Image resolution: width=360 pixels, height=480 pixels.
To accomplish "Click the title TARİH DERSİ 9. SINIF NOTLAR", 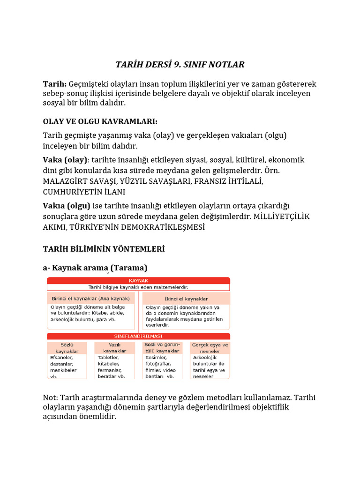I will click(x=180, y=64).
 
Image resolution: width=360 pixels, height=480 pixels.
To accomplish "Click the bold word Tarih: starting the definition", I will click(x=55, y=84).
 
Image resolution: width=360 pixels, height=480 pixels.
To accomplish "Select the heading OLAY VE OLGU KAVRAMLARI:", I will click(x=100, y=121).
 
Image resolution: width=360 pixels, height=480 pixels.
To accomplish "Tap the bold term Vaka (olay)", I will click(x=65, y=160).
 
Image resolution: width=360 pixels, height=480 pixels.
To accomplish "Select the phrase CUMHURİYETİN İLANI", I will click(x=84, y=192).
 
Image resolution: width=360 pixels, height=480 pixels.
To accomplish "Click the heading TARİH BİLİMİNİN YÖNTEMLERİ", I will click(x=104, y=249).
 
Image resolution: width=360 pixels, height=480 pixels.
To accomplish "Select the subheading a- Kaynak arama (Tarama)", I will click(x=95, y=268).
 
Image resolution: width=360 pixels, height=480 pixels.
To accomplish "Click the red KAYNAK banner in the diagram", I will click(x=138, y=280).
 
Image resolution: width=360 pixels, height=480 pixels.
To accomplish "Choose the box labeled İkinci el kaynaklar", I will click(x=187, y=299).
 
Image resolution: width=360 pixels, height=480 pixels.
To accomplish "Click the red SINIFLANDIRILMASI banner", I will click(x=138, y=336).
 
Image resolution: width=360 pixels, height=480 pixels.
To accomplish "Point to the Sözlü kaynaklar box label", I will click(x=66, y=348).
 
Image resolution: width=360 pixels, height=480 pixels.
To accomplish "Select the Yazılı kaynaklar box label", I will click(x=115, y=348).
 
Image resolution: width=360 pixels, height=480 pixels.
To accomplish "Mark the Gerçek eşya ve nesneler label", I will click(x=210, y=348).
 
